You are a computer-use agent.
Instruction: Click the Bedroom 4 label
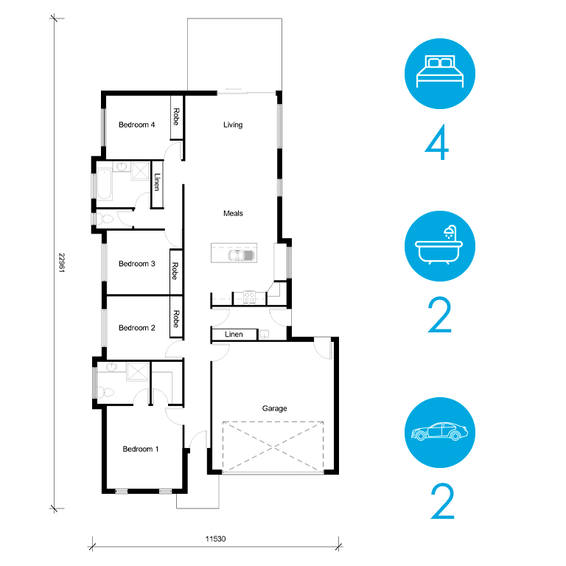coord(137,125)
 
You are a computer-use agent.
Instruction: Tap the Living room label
coord(233,125)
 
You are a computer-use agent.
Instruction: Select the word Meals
coord(233,213)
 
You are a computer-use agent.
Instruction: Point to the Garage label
coord(274,408)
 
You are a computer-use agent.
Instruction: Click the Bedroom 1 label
coord(141,449)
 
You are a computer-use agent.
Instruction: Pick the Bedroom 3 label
coord(137,264)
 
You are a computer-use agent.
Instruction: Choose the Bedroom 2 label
coord(137,328)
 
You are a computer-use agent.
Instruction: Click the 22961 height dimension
coord(62,263)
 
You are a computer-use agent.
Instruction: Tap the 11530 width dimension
coord(215,539)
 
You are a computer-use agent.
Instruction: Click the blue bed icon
coord(440,74)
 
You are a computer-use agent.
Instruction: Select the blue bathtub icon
coord(440,246)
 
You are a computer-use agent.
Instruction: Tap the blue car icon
coord(440,433)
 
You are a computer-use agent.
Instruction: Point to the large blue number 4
coord(437,142)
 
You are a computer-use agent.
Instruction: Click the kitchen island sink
coord(241,255)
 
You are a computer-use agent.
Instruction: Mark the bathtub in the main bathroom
coord(105,184)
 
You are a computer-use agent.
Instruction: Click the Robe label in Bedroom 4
coord(176,116)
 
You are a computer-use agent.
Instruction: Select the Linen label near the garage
coord(234,335)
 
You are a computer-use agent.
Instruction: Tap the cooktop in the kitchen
coord(249,298)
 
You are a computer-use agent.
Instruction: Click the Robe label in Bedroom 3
coord(175,271)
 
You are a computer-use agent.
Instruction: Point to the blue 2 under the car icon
coord(442,501)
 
